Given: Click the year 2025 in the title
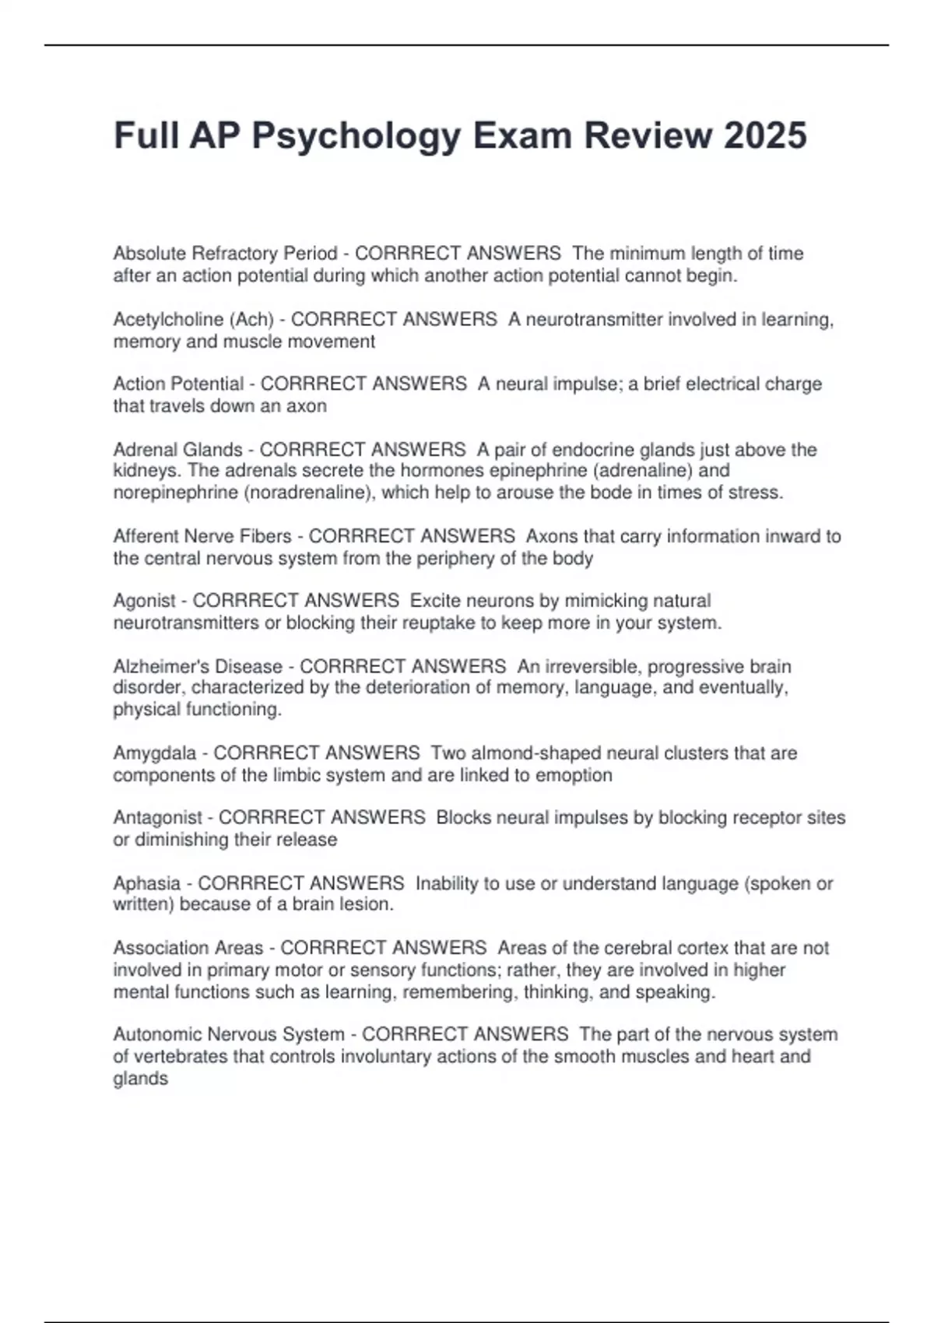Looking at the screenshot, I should click(x=765, y=135).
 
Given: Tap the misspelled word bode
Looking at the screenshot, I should click(x=611, y=492).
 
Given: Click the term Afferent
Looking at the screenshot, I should click(x=146, y=536).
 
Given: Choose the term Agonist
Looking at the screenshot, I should click(x=145, y=601).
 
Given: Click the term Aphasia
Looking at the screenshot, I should click(x=146, y=883).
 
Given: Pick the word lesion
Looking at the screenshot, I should click(x=365, y=904).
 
